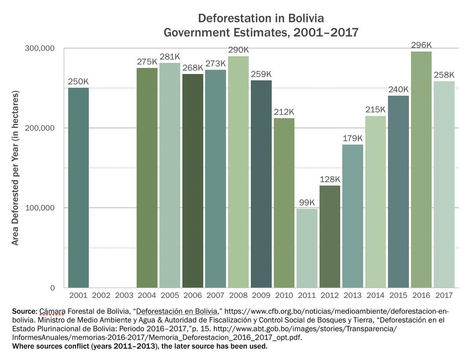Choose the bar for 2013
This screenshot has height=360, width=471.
click(x=353, y=216)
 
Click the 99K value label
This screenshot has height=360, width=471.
click(x=307, y=203)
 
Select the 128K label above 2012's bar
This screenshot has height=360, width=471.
click(x=330, y=179)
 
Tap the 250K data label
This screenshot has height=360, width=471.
click(x=78, y=82)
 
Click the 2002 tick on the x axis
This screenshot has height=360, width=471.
click(x=101, y=294)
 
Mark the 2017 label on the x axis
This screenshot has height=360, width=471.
click(x=444, y=294)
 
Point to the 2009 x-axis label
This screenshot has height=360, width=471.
click(x=261, y=294)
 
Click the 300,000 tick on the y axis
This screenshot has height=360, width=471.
click(x=40, y=48)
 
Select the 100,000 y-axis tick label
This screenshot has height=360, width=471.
click(x=40, y=208)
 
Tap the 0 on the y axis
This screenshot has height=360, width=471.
click(x=51, y=288)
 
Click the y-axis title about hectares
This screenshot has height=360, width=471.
click(x=15, y=168)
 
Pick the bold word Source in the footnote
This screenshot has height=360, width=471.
click(x=24, y=311)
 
